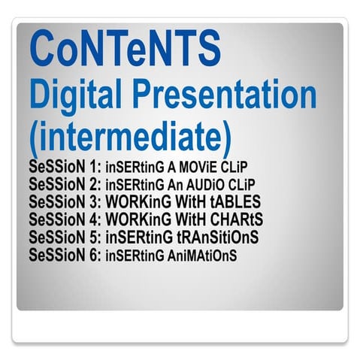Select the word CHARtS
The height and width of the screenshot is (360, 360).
click(228, 220)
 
